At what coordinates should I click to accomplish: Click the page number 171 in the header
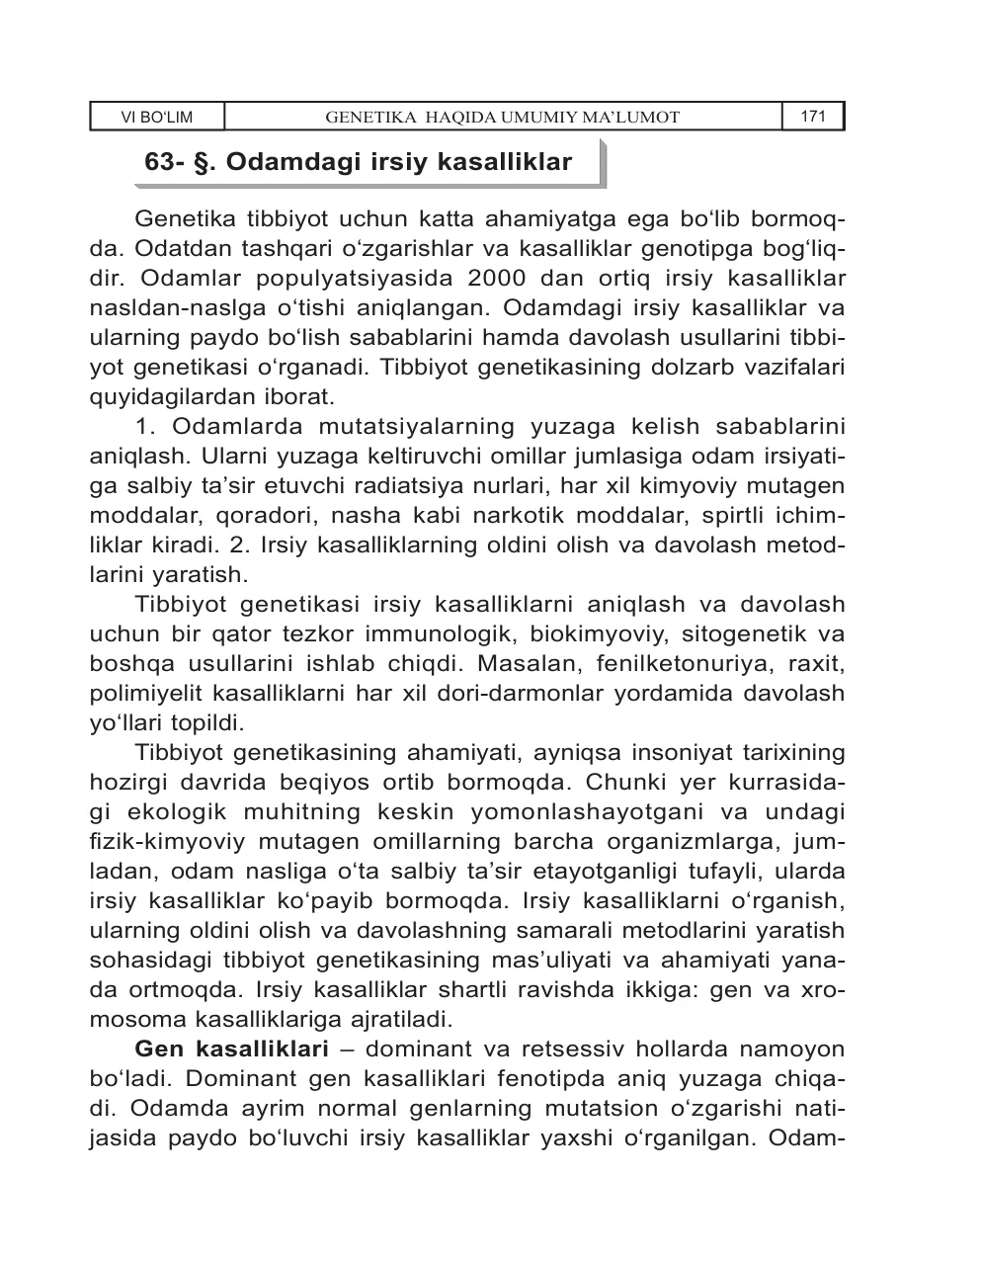[813, 117]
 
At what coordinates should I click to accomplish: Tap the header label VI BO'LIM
[156, 118]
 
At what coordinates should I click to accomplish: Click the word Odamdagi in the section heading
[278, 162]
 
